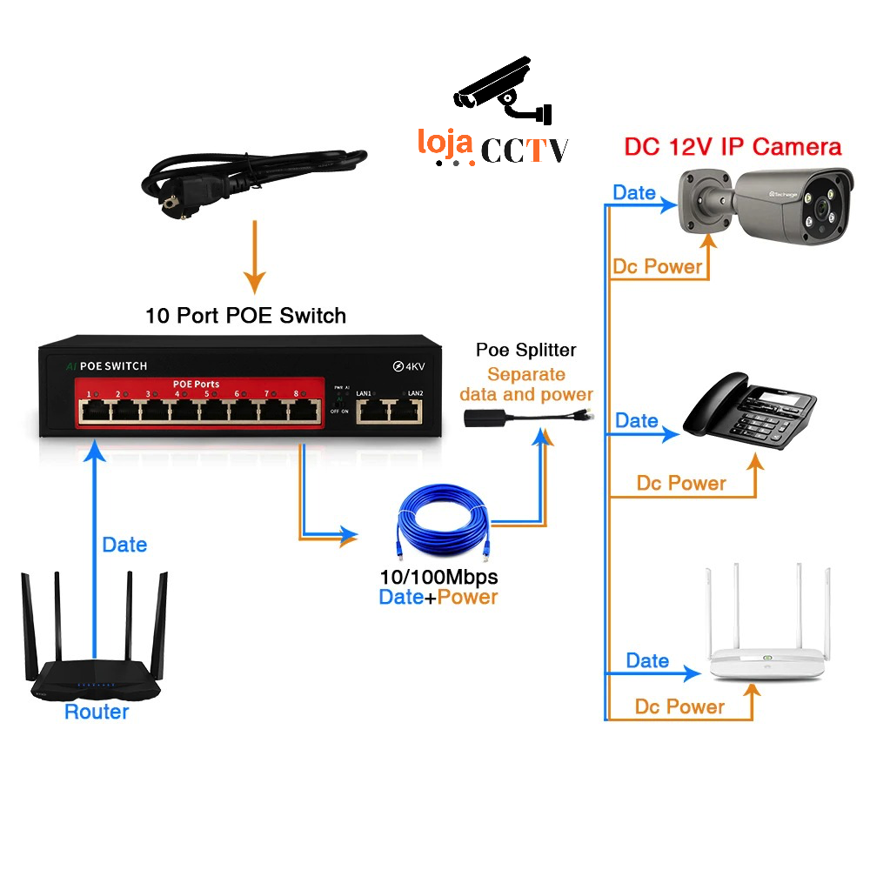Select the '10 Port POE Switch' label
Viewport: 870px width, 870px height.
pos(245,315)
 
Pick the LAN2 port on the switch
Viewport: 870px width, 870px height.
pos(405,410)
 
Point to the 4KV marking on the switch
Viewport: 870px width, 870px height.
pos(406,365)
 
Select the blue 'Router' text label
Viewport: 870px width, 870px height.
pos(97,712)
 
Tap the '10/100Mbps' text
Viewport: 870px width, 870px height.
pos(439,577)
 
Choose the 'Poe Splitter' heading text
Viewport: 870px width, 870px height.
pos(525,351)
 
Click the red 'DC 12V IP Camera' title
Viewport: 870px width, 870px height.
pos(733,146)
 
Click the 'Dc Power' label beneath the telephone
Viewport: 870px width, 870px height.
pos(681,483)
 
